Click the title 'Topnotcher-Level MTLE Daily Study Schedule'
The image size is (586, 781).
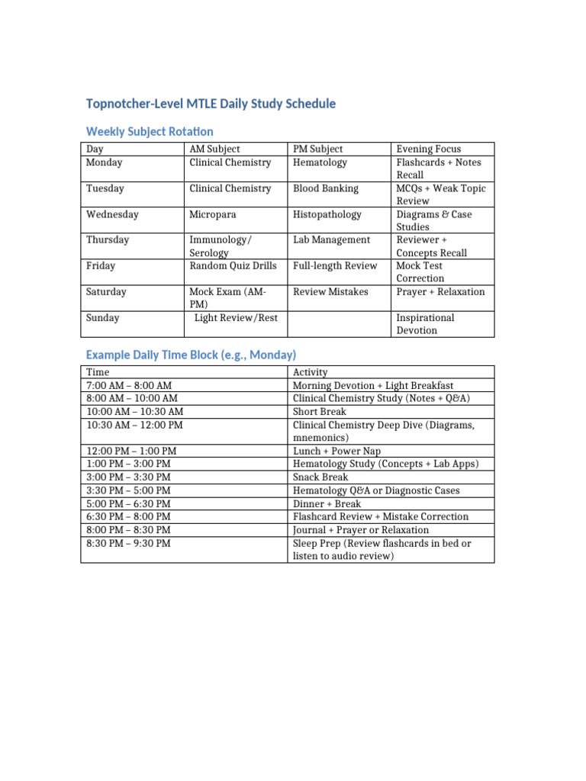(x=211, y=104)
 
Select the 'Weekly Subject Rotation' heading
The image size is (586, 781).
(x=150, y=131)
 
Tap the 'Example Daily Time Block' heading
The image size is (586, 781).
(x=191, y=355)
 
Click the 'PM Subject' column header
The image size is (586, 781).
(x=318, y=149)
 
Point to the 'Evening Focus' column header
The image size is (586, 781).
(x=428, y=149)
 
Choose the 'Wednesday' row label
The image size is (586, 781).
(x=112, y=214)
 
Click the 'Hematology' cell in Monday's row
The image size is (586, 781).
(x=320, y=162)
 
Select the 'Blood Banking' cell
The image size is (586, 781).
(x=326, y=188)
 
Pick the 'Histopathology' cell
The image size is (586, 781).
(x=327, y=214)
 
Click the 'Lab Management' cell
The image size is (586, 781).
(x=331, y=239)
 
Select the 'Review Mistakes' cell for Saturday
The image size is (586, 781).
(x=330, y=291)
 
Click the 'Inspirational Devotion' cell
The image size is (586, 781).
(x=425, y=324)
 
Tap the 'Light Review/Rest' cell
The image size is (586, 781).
(x=236, y=317)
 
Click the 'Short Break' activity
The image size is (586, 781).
(x=319, y=412)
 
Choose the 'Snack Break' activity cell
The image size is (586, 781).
(x=320, y=477)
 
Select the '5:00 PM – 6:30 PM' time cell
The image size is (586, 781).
(x=128, y=503)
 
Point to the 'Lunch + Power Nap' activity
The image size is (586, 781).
(x=336, y=451)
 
